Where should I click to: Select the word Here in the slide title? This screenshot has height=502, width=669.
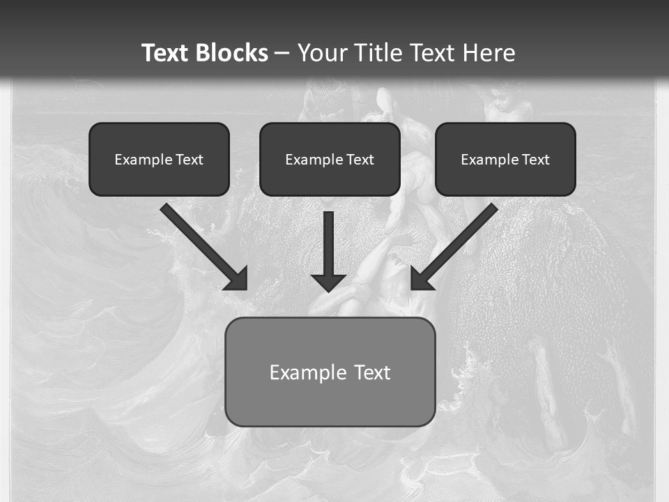(489, 53)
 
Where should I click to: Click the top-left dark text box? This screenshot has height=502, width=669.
(159, 178)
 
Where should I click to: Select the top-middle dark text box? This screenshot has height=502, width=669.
(330, 178)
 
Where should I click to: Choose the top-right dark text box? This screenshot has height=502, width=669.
(505, 178)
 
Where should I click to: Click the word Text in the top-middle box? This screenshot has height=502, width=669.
(360, 160)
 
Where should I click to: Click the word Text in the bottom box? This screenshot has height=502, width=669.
(371, 372)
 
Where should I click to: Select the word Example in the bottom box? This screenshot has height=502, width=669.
(308, 372)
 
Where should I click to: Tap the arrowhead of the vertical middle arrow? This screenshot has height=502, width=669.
(328, 282)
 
